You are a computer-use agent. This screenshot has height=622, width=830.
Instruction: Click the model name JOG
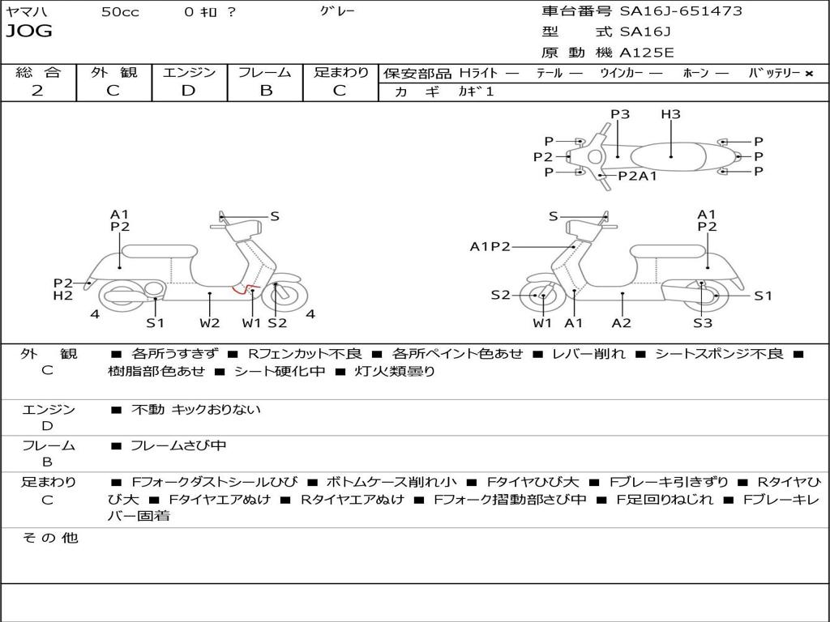29,32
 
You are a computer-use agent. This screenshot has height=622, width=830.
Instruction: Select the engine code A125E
647,53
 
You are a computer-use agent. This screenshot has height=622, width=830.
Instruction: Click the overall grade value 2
37,91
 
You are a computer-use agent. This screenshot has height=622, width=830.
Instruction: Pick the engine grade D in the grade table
189,91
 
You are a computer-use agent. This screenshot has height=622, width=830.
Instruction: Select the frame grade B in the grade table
265,91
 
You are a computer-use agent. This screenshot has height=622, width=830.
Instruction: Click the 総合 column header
38,72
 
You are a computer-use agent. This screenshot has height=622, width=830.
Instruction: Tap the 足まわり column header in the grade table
340,72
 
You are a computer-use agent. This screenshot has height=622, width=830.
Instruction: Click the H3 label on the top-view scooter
670,114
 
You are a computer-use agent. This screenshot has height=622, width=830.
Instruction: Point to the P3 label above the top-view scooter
620,114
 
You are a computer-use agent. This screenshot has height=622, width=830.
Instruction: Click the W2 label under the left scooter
210,323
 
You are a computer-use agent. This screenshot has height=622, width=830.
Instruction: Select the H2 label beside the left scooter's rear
63,296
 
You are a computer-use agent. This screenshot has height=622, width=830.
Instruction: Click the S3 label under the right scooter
702,323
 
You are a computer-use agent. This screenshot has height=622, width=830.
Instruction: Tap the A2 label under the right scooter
622,323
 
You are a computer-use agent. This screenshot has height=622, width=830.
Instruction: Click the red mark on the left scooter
242,288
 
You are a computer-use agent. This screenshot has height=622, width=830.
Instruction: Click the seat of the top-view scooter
671,155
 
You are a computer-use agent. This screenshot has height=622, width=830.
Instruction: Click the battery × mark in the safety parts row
809,73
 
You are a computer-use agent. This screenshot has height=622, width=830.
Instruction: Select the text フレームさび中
178,445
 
